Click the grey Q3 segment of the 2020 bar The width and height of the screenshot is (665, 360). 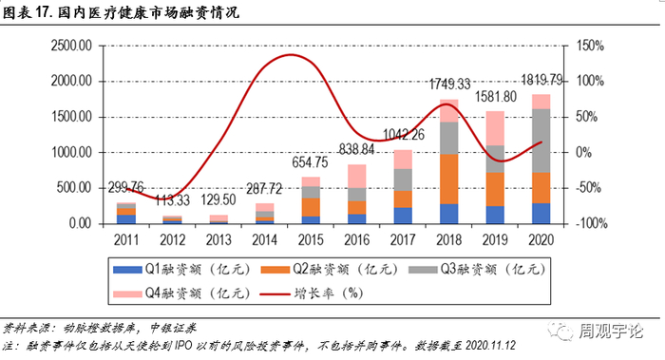click(x=541, y=141)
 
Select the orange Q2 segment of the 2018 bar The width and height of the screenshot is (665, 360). click(x=449, y=180)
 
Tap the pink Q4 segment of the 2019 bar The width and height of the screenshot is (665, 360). click(x=495, y=128)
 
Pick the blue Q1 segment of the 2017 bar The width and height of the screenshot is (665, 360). click(x=403, y=216)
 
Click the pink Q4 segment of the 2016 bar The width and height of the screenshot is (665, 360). click(x=356, y=177)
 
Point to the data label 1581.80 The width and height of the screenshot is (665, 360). click(x=495, y=97)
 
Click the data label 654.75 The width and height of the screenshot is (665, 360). click(x=310, y=162)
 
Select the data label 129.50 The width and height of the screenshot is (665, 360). click(x=218, y=199)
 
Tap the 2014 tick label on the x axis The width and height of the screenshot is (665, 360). click(x=264, y=240)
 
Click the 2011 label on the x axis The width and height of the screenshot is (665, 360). click(x=126, y=240)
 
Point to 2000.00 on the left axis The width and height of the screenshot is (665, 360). click(x=71, y=81)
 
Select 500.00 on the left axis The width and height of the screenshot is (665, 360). click(x=74, y=187)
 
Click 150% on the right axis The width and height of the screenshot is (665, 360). click(x=590, y=46)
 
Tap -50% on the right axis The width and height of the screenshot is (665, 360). click(x=588, y=187)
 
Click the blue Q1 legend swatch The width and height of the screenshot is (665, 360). click(x=127, y=270)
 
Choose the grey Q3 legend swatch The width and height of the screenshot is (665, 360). click(x=423, y=270)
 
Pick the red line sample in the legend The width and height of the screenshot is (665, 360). click(x=275, y=294)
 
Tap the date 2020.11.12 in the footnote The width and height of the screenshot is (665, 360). click(x=490, y=346)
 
